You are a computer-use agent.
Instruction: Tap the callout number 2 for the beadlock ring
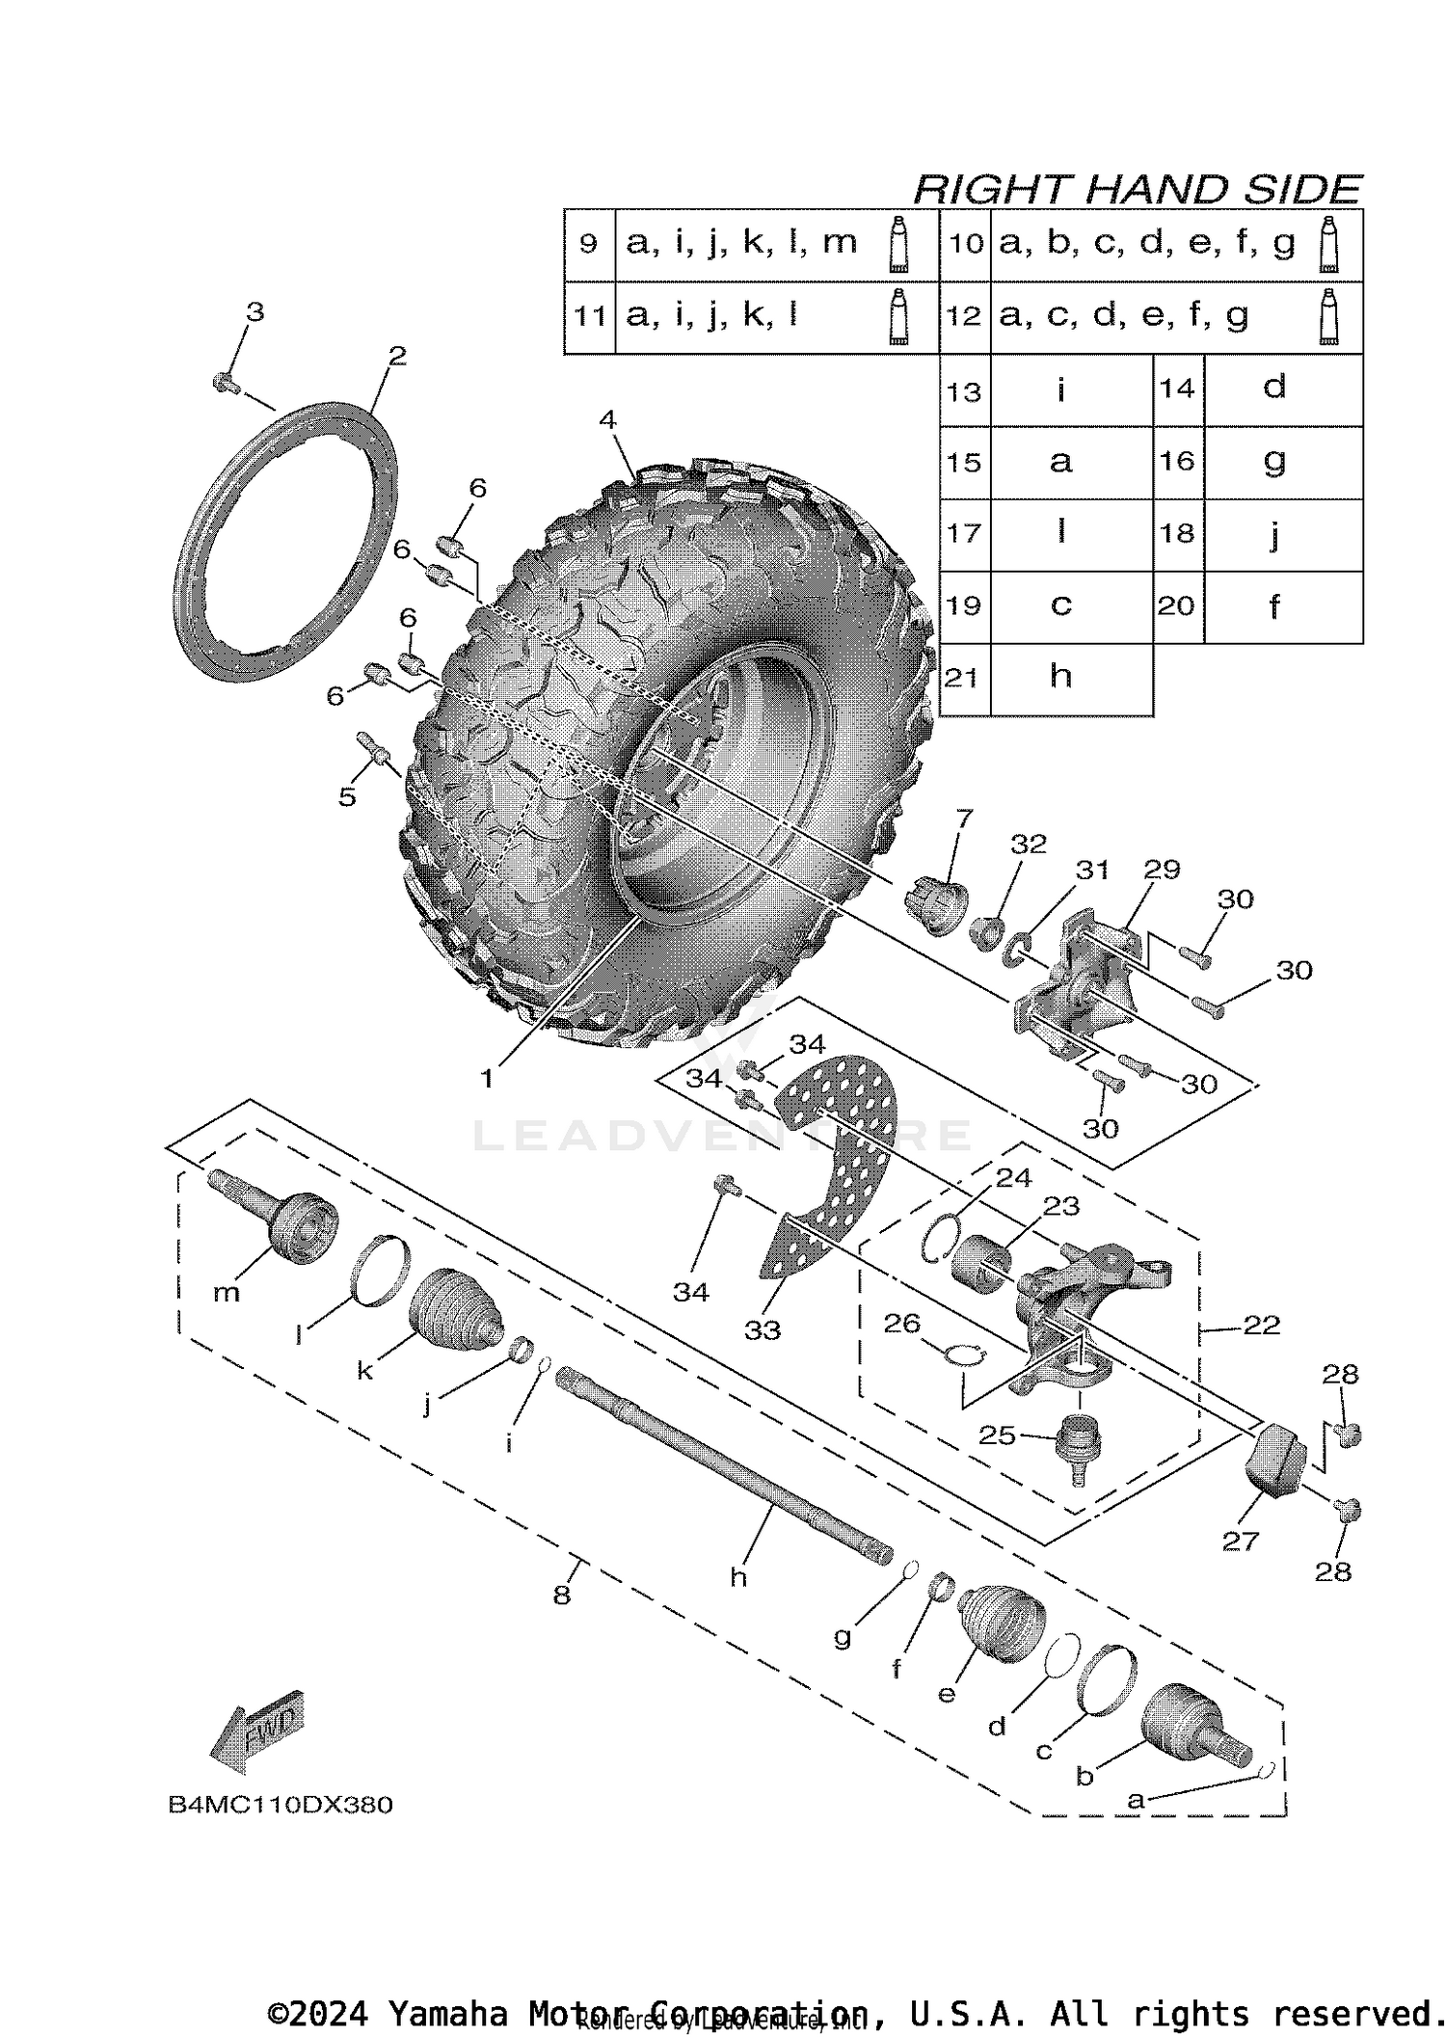[x=397, y=356]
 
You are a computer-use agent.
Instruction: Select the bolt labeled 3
[x=224, y=383]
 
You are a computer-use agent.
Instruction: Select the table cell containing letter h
[x=1060, y=677]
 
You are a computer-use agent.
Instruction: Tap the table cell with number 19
[x=964, y=605]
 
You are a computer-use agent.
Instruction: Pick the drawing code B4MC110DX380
[x=281, y=1805]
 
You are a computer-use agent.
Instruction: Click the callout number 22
[x=1261, y=1326]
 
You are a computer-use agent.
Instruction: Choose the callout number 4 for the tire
[x=607, y=419]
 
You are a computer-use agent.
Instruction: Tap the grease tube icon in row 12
[x=1329, y=316]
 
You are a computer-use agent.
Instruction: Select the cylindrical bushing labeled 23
[x=980, y=1258]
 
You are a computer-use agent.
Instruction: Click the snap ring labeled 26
[x=959, y=1355]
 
